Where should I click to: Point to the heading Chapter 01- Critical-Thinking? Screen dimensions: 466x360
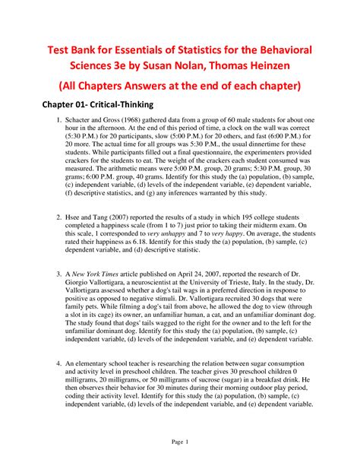tap(99, 104)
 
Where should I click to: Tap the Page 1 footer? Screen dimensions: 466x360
tap(179, 442)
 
